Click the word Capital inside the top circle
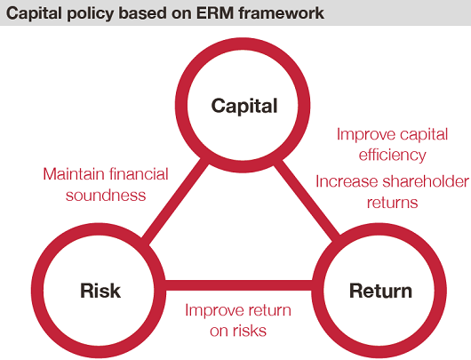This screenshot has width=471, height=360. click(x=244, y=106)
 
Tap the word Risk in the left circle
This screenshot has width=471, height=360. click(x=100, y=291)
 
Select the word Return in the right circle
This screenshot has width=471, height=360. click(x=380, y=291)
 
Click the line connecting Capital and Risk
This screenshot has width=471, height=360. click(x=175, y=200)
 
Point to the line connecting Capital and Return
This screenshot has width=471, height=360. click(x=307, y=200)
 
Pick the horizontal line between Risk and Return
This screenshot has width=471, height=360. click(x=239, y=285)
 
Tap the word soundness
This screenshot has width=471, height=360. click(x=106, y=196)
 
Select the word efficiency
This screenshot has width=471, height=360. click(x=392, y=156)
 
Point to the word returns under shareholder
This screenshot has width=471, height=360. click(x=392, y=203)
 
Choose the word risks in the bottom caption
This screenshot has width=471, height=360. click(x=249, y=331)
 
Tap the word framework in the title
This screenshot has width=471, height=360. click(x=282, y=13)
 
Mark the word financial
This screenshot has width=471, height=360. click(x=139, y=174)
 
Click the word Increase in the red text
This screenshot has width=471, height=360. click(x=347, y=181)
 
